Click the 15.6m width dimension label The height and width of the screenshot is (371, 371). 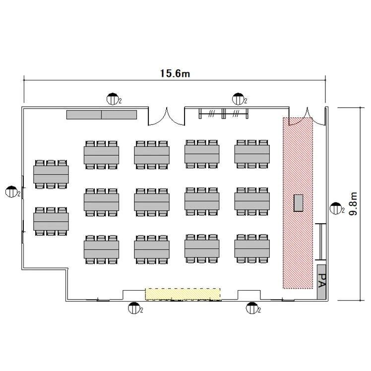[175, 73]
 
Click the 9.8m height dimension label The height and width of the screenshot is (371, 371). [353, 203]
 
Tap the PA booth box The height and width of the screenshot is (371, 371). [321, 282]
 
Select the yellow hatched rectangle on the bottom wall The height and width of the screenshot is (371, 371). [183, 294]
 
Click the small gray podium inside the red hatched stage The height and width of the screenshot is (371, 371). [299, 203]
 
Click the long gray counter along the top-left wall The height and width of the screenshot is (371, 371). [102, 115]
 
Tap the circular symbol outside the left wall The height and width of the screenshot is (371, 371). [11, 191]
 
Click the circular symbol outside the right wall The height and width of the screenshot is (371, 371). [336, 208]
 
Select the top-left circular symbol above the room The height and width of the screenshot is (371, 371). [113, 99]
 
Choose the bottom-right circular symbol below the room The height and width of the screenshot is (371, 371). [252, 308]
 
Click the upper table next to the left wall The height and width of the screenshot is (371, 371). [51, 175]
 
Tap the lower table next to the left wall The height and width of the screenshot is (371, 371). [51, 222]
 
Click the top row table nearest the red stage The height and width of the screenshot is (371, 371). [252, 154]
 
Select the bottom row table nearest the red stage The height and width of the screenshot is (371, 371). [252, 248]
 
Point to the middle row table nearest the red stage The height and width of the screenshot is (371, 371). [252, 201]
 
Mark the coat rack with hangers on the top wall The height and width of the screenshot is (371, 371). [223, 114]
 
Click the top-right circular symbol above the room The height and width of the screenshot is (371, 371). [238, 99]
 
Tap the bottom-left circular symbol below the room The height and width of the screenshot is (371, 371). [134, 308]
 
